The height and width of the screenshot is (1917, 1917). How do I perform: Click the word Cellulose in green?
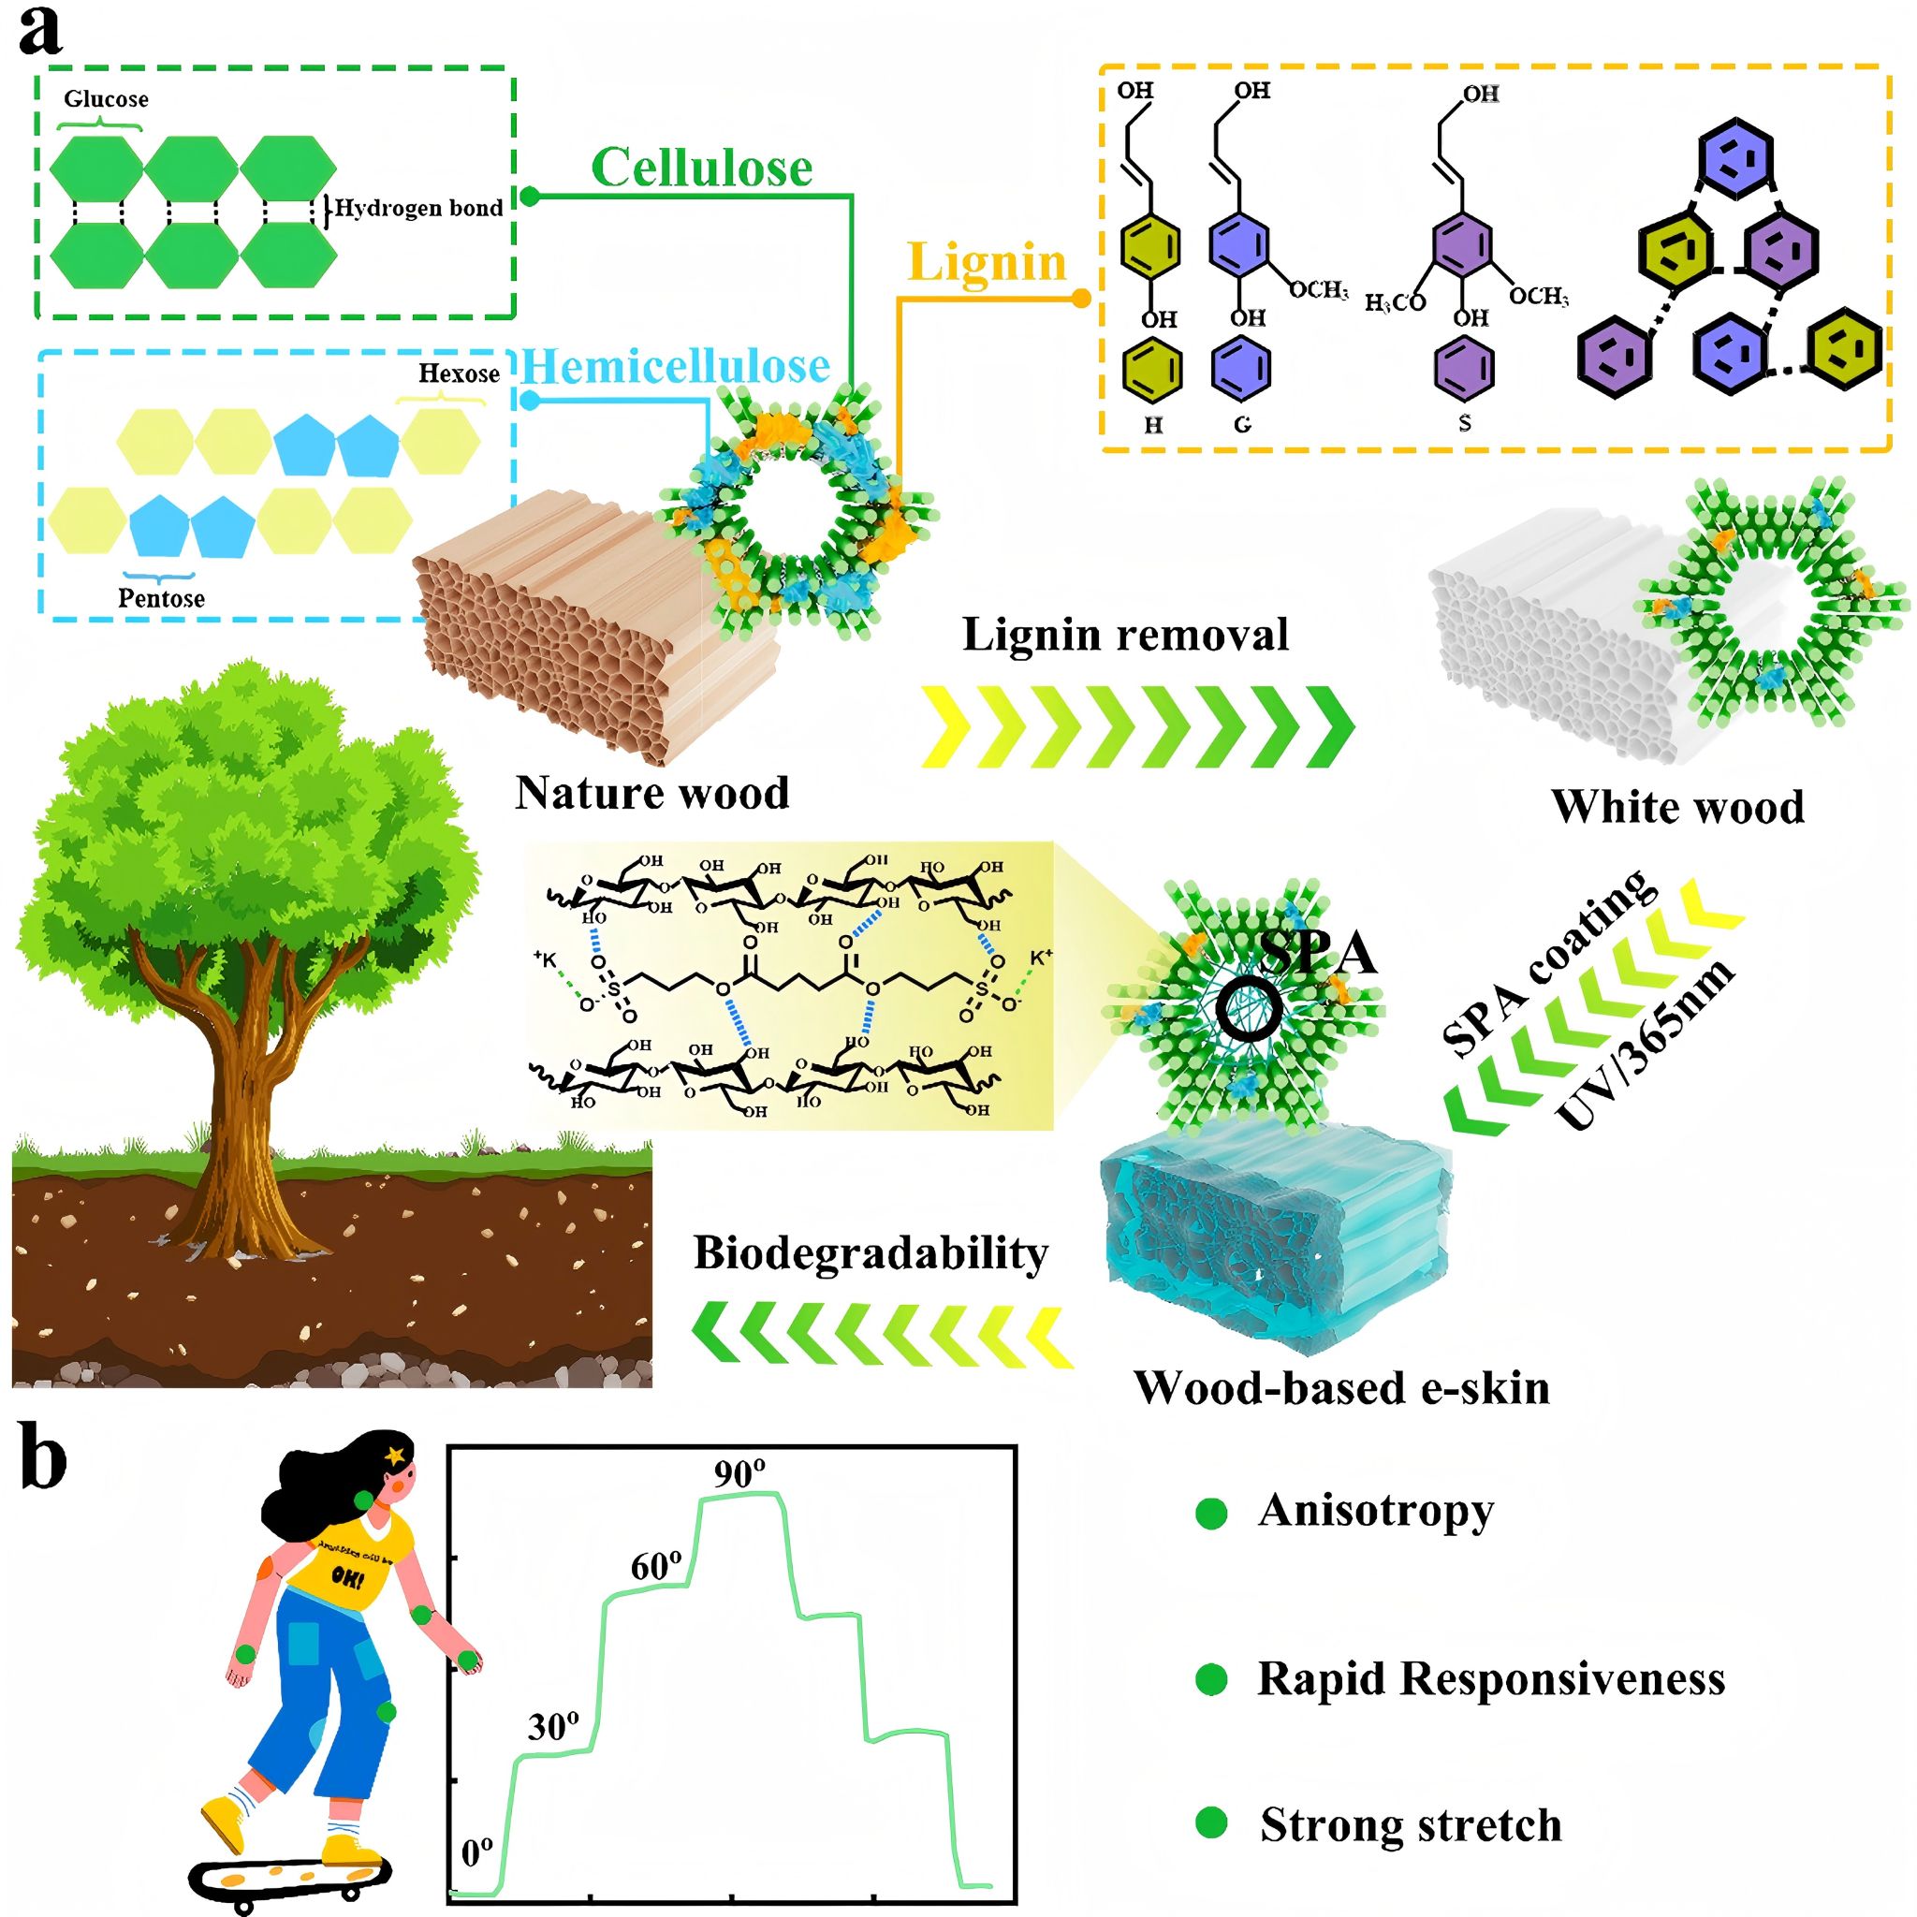[x=701, y=168]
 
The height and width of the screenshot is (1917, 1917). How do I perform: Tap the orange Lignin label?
[x=987, y=263]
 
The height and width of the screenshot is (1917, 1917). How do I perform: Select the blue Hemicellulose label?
[x=676, y=367]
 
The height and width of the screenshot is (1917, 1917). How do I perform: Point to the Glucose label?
[x=106, y=99]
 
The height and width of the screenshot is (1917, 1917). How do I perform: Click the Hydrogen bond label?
[x=417, y=209]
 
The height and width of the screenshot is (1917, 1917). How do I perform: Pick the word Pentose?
[x=161, y=598]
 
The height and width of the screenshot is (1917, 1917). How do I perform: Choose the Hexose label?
[x=459, y=373]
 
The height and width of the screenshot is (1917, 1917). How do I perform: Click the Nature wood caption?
[x=651, y=793]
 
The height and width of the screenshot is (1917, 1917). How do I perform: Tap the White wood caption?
[x=1676, y=807]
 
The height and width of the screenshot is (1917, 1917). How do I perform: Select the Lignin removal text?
[x=1125, y=635]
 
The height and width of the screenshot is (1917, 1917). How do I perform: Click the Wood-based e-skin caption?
[x=1341, y=1387]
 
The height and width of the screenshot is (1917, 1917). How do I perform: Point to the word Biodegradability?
[x=871, y=1253]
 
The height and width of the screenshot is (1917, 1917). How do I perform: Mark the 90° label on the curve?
[x=740, y=1475]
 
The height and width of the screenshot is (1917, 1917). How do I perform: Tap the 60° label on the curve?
[x=656, y=1567]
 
